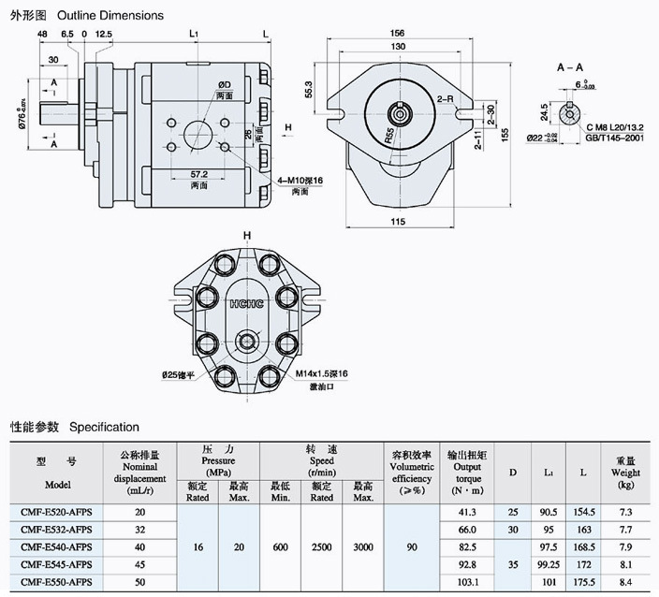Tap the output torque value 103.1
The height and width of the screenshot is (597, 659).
point(467,582)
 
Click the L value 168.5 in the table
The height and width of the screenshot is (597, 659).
point(583,547)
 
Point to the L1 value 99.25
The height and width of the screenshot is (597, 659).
point(549,564)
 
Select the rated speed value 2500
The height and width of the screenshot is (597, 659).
point(322,546)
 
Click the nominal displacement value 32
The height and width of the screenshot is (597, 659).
point(140,530)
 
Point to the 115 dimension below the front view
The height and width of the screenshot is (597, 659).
point(398,221)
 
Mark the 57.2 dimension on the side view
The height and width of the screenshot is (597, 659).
point(198,175)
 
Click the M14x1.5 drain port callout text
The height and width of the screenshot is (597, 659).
point(322,373)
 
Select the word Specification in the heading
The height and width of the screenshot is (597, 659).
point(104,427)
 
